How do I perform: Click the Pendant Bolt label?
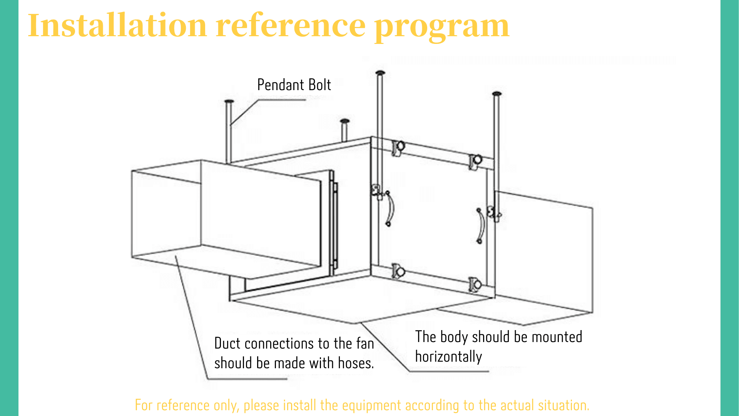(x=294, y=85)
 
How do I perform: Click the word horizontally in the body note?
(x=448, y=357)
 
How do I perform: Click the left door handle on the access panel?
(x=390, y=208)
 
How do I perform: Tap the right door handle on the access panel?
(x=480, y=225)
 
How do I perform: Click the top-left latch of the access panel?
(x=398, y=147)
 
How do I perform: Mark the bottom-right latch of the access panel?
(x=475, y=285)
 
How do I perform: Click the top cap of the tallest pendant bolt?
(x=380, y=73)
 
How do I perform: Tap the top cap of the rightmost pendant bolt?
(x=497, y=94)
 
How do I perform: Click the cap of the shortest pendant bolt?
(x=344, y=121)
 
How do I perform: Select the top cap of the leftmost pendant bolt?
(x=229, y=102)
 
